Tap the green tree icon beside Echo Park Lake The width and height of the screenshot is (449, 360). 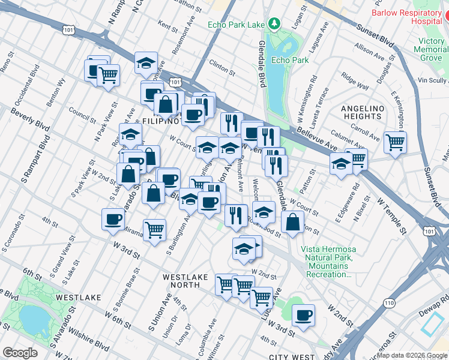tap(274, 24)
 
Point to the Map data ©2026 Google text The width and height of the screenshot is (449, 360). tap(412, 355)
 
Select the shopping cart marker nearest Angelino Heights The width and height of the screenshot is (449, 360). tap(395, 142)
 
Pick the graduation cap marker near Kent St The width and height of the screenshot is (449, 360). tap(145, 62)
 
